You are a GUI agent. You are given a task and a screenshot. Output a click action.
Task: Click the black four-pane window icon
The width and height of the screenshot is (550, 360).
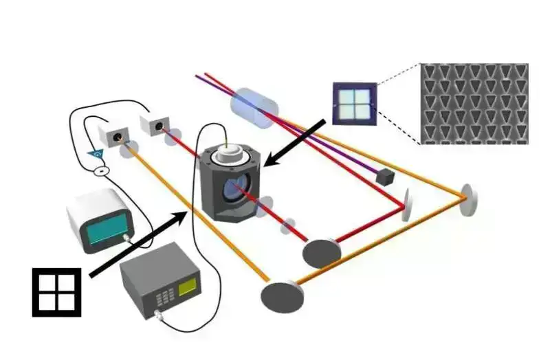click(56, 291)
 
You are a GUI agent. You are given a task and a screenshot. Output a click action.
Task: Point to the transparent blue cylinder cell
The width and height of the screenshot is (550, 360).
click(254, 106)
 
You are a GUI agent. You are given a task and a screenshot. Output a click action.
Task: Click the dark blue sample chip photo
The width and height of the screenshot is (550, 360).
click(355, 103)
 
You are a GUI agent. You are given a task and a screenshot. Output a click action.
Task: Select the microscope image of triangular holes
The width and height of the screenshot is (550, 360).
click(474, 103)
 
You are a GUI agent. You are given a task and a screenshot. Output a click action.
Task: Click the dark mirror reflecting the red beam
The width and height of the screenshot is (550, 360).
click(321, 251)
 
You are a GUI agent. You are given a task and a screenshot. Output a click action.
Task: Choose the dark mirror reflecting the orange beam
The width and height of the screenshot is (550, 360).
click(282, 295)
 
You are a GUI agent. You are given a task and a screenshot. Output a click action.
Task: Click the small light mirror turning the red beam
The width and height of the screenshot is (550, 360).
click(407, 203)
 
